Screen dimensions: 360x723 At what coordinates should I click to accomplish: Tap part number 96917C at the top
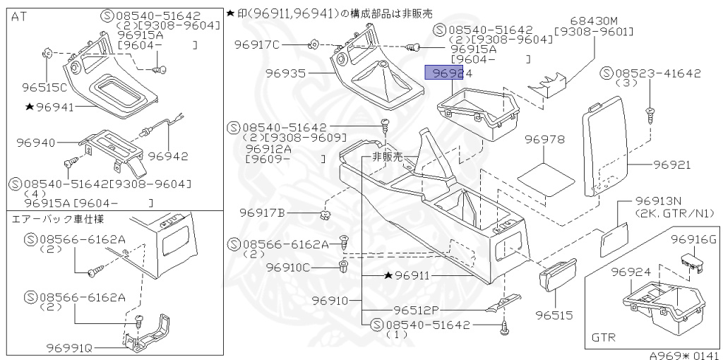pos(257,45)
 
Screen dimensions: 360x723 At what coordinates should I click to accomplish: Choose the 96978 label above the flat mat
pos(544,140)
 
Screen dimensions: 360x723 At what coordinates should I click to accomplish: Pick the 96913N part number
pos(658,200)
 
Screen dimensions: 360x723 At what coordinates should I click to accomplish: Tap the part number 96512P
pos(417,309)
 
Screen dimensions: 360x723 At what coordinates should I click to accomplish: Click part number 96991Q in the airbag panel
pos(71,347)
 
